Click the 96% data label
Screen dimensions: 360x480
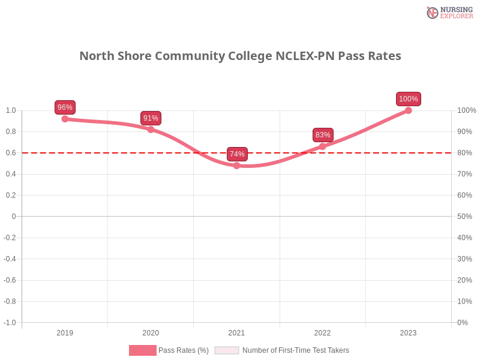[x=65, y=107]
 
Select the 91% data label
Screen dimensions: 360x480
[x=151, y=118]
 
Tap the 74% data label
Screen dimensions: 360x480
[x=237, y=154]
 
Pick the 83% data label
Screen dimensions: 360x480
[x=323, y=135]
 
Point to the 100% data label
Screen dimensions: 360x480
[x=409, y=99]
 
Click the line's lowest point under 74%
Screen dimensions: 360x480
[x=236, y=167]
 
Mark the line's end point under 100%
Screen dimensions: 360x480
[x=409, y=110]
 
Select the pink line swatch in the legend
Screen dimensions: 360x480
[x=142, y=350]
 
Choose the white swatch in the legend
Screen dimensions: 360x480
[x=227, y=350]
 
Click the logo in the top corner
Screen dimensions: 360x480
[x=449, y=12]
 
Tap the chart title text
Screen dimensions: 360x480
[x=240, y=56]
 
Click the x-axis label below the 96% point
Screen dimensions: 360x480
[x=65, y=331]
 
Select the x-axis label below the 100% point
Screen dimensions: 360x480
[x=408, y=331]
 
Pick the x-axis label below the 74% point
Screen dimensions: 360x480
[x=236, y=331]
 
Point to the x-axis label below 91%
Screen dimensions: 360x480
[x=151, y=331]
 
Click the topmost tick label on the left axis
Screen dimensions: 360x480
[x=12, y=110]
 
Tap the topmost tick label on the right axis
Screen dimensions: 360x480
[x=467, y=110]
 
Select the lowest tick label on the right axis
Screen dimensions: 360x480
[x=463, y=322]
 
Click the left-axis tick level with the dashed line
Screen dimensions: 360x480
[x=12, y=153]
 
